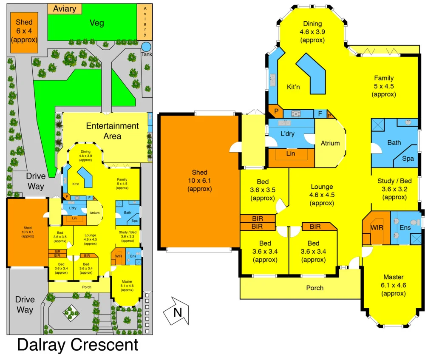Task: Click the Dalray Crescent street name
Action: [x=77, y=345]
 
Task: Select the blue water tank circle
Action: [x=146, y=46]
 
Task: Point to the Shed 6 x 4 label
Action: [x=24, y=30]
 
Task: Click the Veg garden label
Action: [x=97, y=23]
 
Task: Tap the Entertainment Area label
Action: [x=112, y=131]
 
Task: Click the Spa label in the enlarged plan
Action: [x=408, y=159]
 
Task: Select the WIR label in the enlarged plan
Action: [x=377, y=227]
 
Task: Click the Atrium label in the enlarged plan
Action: [x=330, y=143]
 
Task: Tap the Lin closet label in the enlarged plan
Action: [x=291, y=154]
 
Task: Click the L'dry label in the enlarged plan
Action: [x=288, y=133]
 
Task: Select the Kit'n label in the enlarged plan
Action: [x=293, y=87]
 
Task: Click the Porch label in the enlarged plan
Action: [x=315, y=288]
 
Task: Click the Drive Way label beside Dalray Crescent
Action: [x=25, y=304]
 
